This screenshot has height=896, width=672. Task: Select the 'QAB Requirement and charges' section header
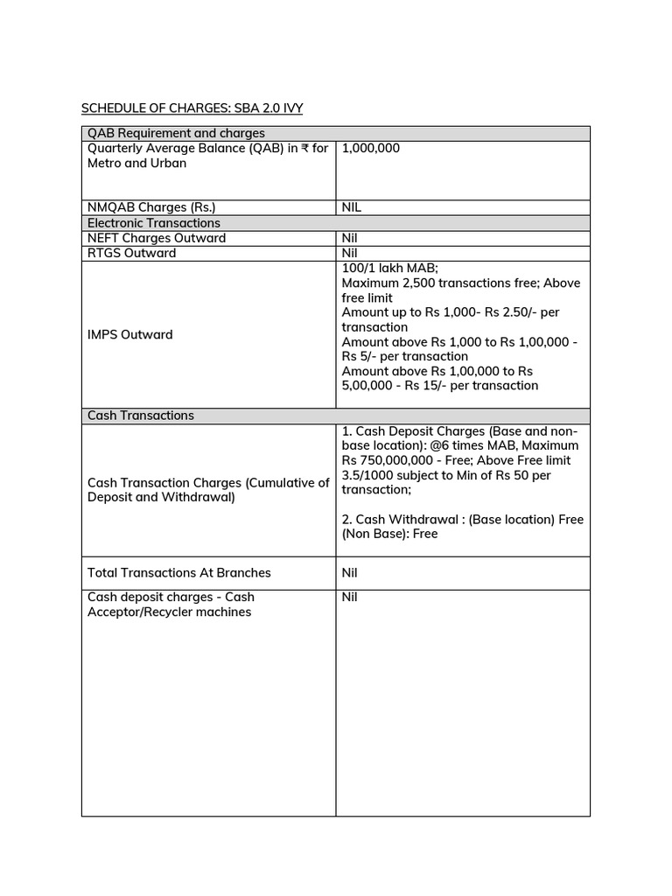[x=176, y=134]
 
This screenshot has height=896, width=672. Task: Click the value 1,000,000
[x=370, y=149]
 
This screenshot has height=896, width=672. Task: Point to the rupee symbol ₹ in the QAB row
[x=305, y=149]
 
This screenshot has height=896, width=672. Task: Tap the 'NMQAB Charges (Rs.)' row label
[x=150, y=207]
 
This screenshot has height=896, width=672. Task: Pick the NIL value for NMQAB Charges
[x=352, y=207]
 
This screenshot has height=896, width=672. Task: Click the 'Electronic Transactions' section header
[x=154, y=223]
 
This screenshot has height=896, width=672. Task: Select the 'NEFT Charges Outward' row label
[x=157, y=238]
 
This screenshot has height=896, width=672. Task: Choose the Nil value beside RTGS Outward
[x=350, y=253]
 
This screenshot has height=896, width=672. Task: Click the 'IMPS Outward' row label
[x=130, y=334]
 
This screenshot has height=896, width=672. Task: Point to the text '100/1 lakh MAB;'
[x=385, y=269]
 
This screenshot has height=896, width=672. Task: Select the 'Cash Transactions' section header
[x=141, y=416]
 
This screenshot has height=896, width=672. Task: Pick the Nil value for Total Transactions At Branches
[x=350, y=573]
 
